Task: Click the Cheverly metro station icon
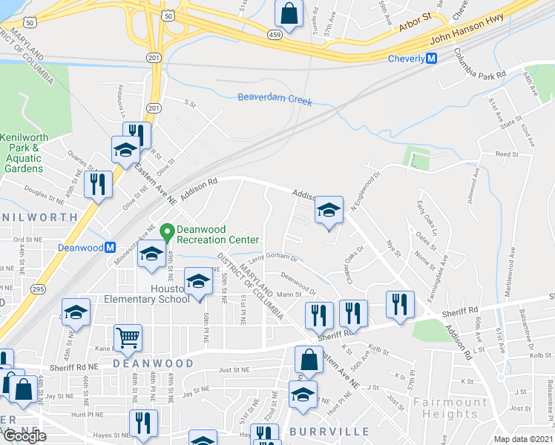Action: pyautogui.click(x=430, y=59)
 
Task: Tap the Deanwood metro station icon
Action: pyautogui.click(x=110, y=247)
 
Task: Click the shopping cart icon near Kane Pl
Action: pyautogui.click(x=128, y=338)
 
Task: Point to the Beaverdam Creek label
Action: pyautogui.click(x=275, y=99)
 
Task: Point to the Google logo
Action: pyautogui.click(x=24, y=436)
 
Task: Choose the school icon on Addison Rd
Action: pyautogui.click(x=329, y=210)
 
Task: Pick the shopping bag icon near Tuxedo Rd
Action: pyautogui.click(x=288, y=13)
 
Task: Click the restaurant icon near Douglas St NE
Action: pyautogui.click(x=98, y=183)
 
